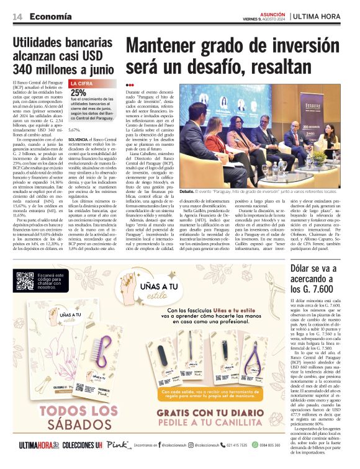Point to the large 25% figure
78,92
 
